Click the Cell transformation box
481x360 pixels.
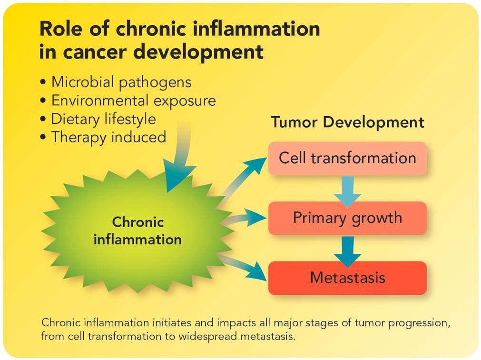pos(347,158)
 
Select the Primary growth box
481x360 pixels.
pos(347,218)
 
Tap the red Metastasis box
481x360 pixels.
pos(347,278)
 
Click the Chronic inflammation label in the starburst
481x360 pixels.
pos(137,230)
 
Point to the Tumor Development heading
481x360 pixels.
pos(347,122)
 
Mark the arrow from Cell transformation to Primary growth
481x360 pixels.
pos(347,190)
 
